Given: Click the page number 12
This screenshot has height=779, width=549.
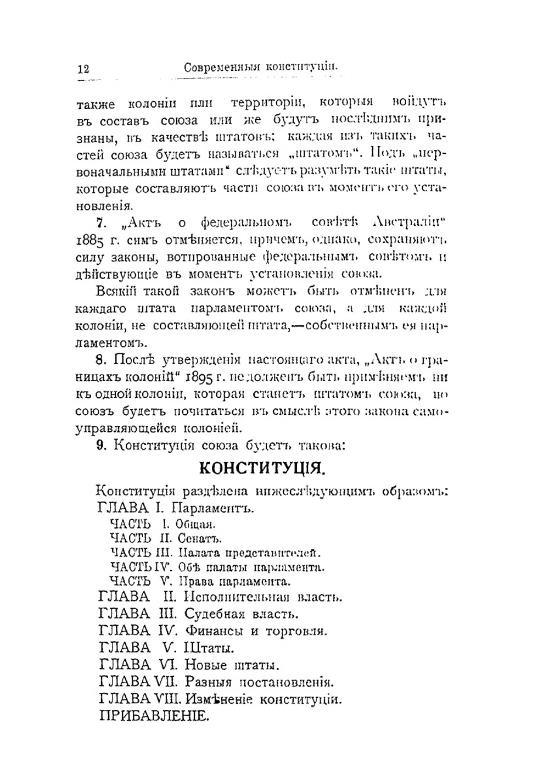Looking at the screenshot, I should (x=83, y=69).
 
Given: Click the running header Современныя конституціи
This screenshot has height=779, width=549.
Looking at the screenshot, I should (x=260, y=67).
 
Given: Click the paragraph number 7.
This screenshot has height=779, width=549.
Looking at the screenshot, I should (x=100, y=222).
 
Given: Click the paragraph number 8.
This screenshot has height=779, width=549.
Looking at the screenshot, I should (x=100, y=360).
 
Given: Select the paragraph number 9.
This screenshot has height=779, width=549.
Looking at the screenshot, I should (x=100, y=446).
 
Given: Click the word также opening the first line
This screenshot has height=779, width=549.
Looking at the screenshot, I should (x=96, y=104).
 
